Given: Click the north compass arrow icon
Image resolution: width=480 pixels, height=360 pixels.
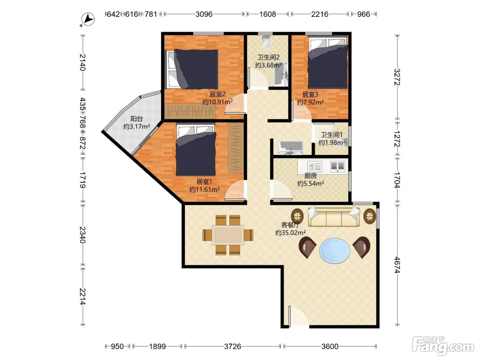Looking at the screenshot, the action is tap(88, 19).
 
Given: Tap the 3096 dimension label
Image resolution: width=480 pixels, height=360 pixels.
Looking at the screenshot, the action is tap(204, 14).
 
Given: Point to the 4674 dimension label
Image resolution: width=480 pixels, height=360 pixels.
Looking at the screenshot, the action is tap(397, 265).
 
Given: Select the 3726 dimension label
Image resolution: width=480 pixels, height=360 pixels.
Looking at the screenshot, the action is tap(232, 346).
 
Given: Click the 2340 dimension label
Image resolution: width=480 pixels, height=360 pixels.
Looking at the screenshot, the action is tap(82, 235).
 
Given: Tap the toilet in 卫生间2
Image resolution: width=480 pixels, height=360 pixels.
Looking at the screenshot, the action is tap(266, 42).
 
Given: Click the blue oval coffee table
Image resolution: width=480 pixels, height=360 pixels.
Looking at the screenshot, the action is tap(334, 251).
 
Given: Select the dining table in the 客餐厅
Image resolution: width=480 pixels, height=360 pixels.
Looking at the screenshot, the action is tap(228, 235).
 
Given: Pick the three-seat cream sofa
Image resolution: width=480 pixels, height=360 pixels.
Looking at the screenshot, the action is tap(334, 217).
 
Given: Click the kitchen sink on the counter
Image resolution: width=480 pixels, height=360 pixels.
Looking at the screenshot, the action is tap(315, 166).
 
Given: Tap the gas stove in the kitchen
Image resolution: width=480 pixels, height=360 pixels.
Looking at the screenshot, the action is tap(337, 166).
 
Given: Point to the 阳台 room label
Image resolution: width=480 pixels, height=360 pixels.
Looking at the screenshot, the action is tap(137, 119).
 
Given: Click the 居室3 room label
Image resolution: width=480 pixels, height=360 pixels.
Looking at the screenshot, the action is tap(310, 95).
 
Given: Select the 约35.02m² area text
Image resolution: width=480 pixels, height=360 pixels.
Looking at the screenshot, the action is tap(290, 232).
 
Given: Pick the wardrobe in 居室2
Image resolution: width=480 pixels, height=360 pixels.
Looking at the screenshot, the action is tap(190, 111).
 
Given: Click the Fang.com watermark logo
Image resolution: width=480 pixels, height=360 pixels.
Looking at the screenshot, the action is tap(444, 346).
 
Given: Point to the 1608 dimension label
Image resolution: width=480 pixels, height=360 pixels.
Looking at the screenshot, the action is tap(267, 14).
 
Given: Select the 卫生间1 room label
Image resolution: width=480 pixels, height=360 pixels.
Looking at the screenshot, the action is tap(332, 135).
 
